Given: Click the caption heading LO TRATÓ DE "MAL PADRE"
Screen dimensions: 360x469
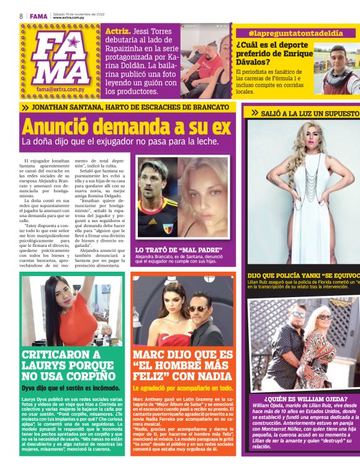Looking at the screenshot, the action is (x=179, y=250).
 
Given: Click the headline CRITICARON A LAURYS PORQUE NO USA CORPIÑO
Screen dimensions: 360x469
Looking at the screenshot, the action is (x=70, y=365).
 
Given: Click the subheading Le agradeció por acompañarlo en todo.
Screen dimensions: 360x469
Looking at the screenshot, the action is (x=182, y=388).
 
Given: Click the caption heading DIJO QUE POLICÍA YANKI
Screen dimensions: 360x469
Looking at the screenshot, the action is (x=303, y=275).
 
